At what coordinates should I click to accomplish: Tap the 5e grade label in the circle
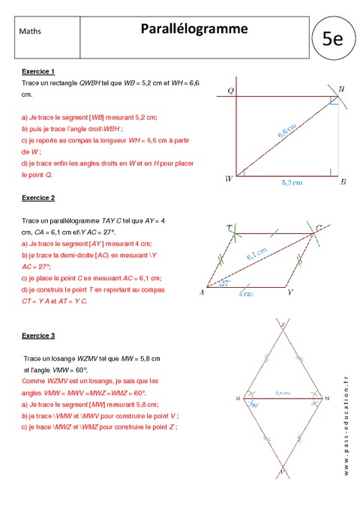point(331,40)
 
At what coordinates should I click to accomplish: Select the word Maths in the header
point(31,31)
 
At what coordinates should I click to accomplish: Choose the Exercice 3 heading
point(37,334)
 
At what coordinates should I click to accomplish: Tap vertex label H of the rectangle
point(341,91)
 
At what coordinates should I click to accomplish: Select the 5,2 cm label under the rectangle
point(292,182)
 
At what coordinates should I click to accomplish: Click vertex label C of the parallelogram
point(319,227)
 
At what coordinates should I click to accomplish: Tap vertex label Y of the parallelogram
point(290,293)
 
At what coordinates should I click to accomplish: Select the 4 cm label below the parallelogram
point(244,295)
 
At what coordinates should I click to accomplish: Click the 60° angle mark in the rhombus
point(255,405)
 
